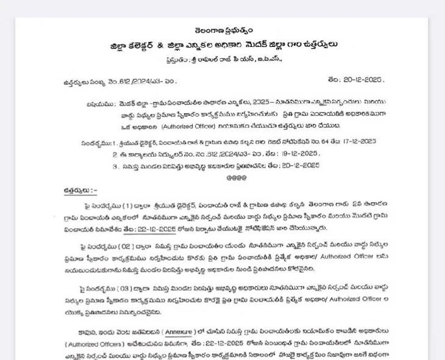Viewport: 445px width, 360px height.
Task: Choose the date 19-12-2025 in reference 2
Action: [298, 154]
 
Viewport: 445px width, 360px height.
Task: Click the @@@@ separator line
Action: [237, 177]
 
